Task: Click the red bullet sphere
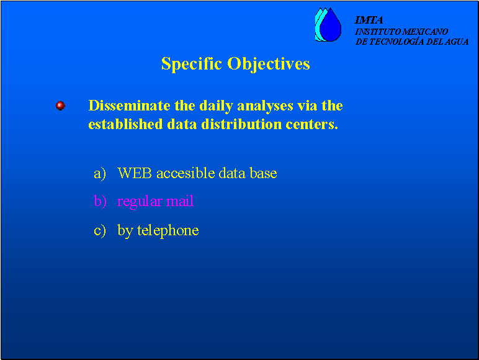[x=60, y=106]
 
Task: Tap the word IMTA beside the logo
[x=369, y=20]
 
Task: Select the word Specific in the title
[x=192, y=64]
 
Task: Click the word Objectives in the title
[x=269, y=64]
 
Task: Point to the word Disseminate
[x=130, y=106]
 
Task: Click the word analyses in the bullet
[x=265, y=106]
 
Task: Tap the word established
[x=125, y=124]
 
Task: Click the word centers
[x=312, y=125]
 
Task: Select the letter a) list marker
[x=100, y=174]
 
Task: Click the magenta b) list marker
[x=100, y=201]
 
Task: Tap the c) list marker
[x=100, y=230]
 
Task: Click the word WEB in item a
[x=135, y=173]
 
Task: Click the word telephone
[x=168, y=231]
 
